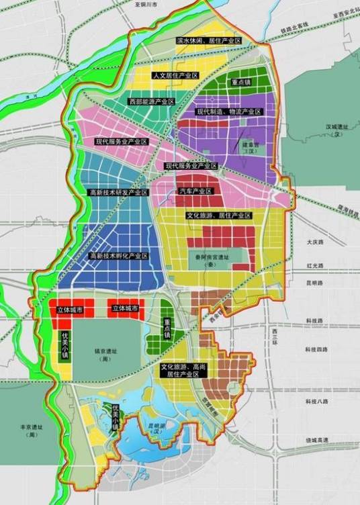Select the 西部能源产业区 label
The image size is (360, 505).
152,101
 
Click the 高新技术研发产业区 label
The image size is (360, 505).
118,193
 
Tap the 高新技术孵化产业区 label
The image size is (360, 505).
119,256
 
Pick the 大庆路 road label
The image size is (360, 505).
314,240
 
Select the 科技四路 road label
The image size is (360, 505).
316,350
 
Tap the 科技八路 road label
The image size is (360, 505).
316,401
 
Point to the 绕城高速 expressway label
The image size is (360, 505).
316,440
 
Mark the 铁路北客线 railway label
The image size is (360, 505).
294,26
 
